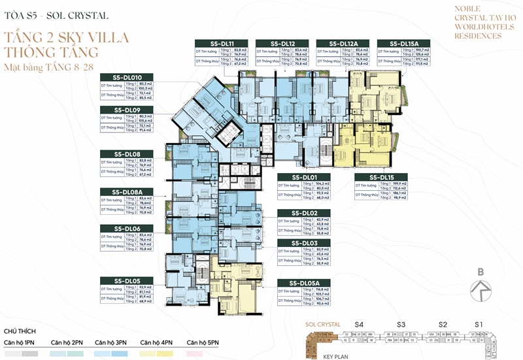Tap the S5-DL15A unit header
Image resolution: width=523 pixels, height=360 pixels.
pos(400,42)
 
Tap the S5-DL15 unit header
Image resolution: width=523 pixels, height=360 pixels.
pos(382,177)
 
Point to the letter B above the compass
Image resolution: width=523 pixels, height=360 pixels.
pos(481,272)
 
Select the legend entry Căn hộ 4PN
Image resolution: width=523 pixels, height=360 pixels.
pos(157,342)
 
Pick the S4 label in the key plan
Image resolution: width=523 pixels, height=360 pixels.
pos(358,324)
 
